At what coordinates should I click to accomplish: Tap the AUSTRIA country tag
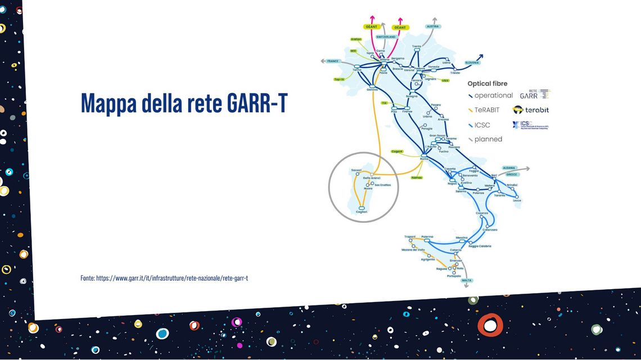point(432,26)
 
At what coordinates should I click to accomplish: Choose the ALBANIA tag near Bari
point(509,168)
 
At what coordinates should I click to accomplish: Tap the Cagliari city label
point(362,212)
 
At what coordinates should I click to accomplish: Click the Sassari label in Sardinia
point(356,170)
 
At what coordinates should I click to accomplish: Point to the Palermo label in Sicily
point(427,236)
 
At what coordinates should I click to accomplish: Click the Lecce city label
point(517,200)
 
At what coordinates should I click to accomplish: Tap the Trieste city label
point(455,73)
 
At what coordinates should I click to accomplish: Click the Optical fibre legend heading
point(487,84)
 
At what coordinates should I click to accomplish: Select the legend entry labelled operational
point(493,96)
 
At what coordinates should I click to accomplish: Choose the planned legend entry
point(487,139)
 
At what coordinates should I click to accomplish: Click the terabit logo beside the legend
point(531,110)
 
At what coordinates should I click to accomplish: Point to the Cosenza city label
point(482,213)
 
